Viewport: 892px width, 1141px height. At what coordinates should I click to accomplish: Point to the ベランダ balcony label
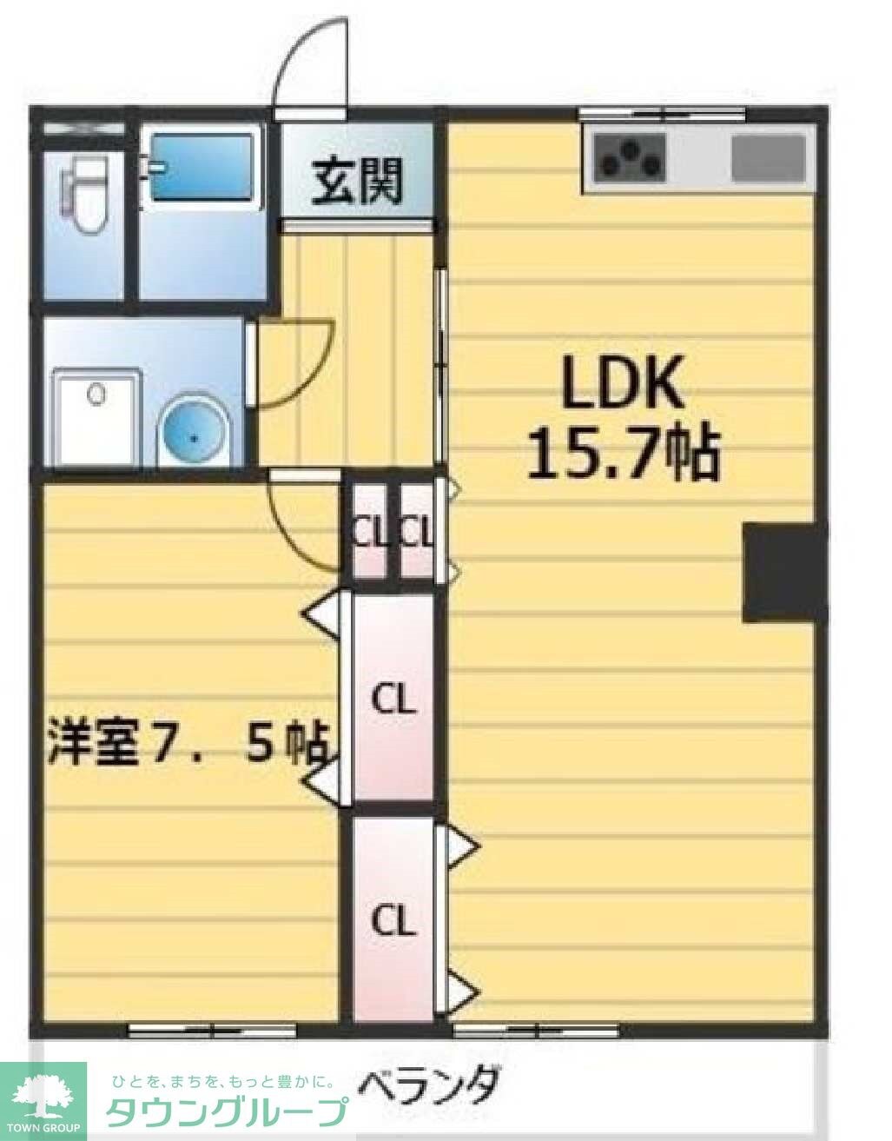click(431, 1085)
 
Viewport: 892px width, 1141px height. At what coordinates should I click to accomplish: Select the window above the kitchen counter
click(663, 113)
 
